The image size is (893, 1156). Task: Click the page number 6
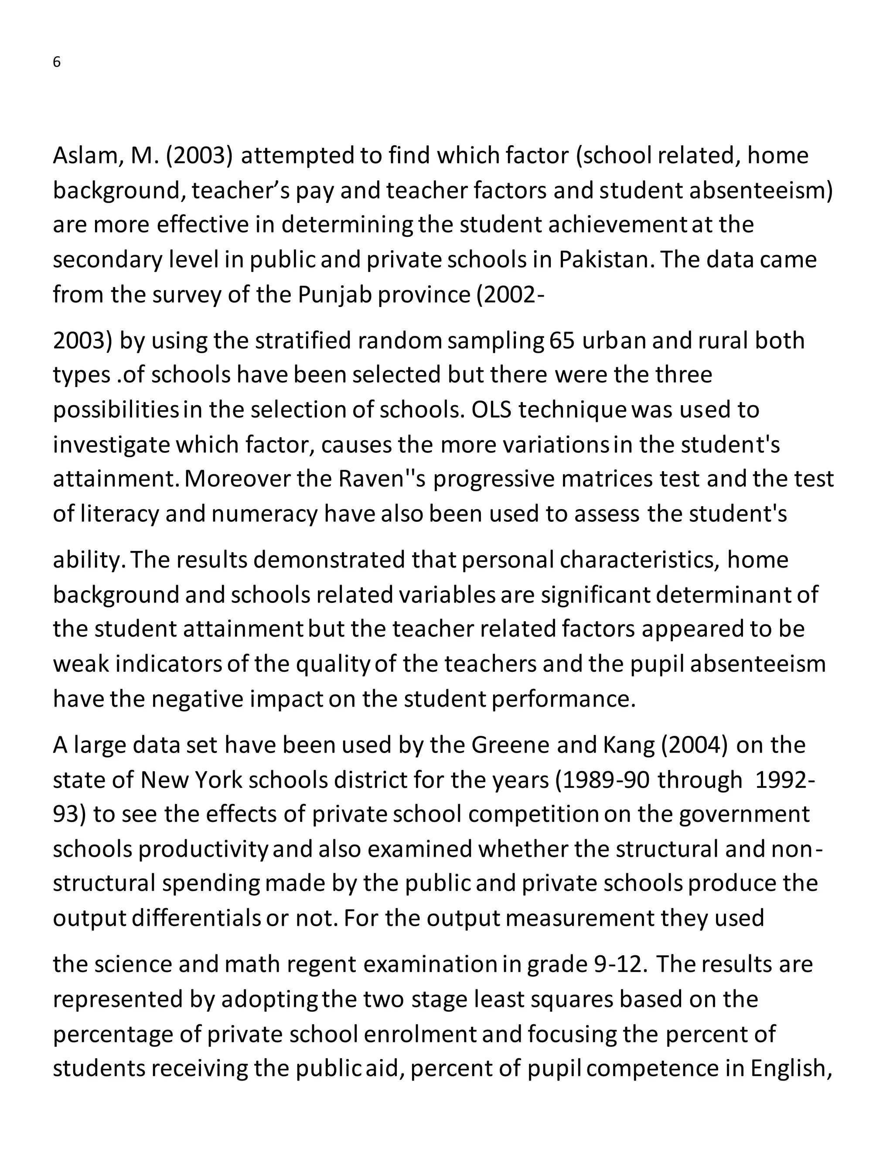pyautogui.click(x=57, y=62)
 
